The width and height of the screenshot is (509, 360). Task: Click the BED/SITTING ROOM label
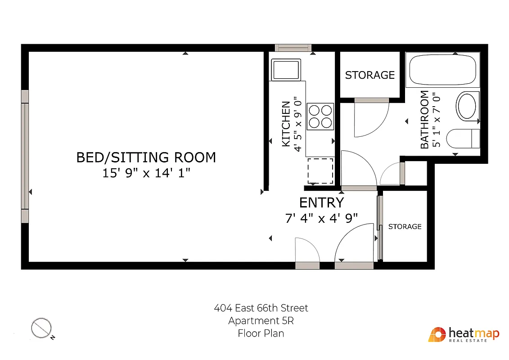pos(146,157)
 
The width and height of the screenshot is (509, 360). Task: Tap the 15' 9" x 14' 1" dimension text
pos(146,173)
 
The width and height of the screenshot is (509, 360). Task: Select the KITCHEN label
pos(286,124)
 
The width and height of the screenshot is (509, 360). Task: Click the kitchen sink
pos(285,69)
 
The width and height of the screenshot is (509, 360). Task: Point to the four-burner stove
pos(320,116)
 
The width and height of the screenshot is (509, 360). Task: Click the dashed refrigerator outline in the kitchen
pos(320,171)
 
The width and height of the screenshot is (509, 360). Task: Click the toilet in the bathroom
pos(463,138)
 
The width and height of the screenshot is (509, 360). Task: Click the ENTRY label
pos(321,202)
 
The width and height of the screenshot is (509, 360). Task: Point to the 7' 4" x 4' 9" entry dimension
pos(321,218)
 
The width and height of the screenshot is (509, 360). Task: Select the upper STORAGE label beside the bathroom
pos(369,75)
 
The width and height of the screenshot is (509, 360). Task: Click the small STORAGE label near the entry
pos(405,226)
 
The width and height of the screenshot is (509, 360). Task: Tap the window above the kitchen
pos(293,48)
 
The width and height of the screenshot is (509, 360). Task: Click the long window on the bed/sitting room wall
pos(25,156)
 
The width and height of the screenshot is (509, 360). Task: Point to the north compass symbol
pos(41,328)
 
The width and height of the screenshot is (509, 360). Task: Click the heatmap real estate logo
pos(464,335)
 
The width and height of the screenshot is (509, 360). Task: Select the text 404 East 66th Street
pos(261,308)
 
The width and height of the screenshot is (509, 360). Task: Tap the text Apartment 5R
pos(261,321)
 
